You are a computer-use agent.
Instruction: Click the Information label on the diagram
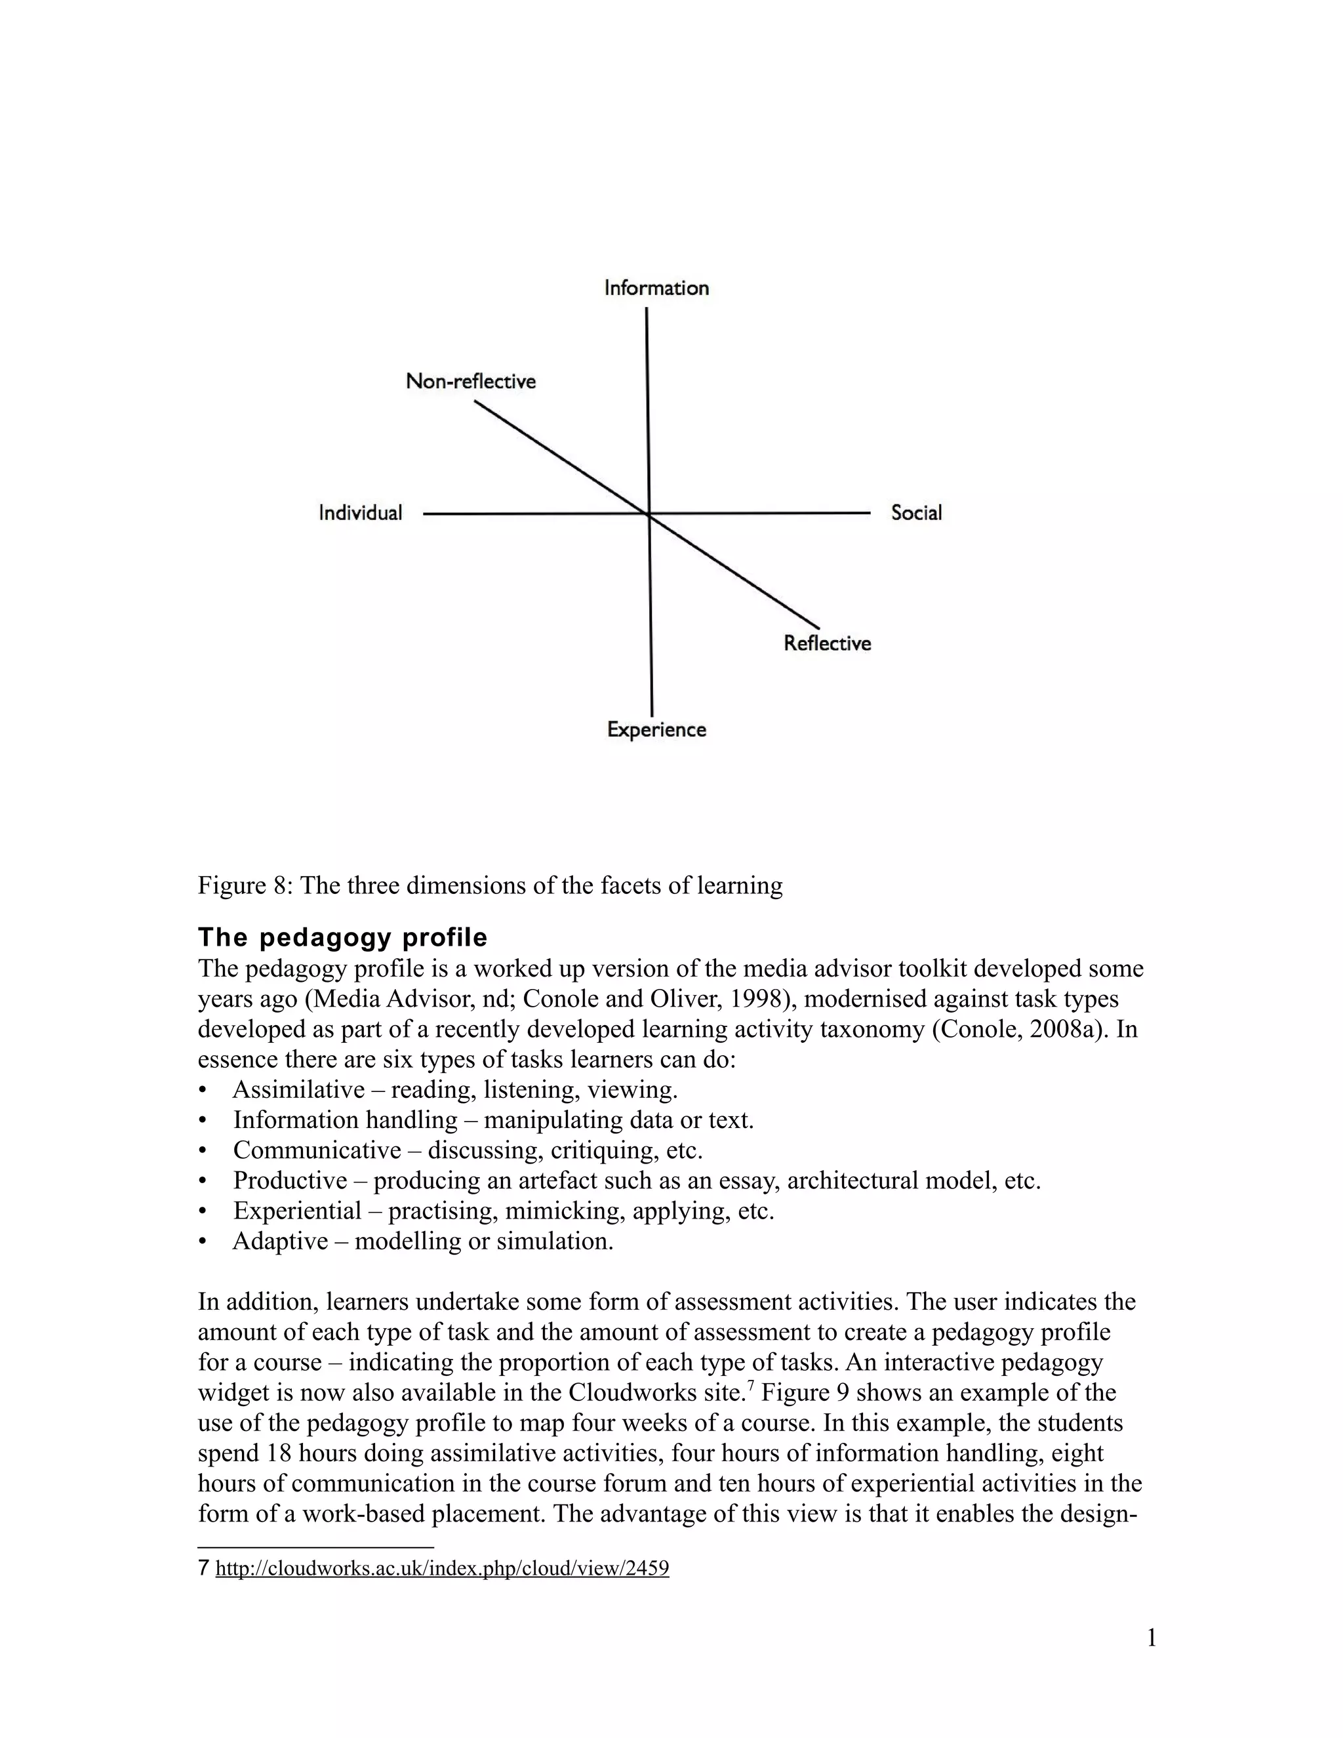656,287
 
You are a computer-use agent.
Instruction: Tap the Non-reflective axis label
470,381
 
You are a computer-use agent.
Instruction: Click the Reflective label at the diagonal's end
827,643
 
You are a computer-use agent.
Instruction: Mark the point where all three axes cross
649,515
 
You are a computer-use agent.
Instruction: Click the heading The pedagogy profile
342,937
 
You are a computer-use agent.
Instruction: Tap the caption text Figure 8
243,885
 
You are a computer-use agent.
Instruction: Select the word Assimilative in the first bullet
298,1089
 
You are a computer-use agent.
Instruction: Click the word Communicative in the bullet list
317,1149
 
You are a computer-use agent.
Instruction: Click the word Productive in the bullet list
290,1179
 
